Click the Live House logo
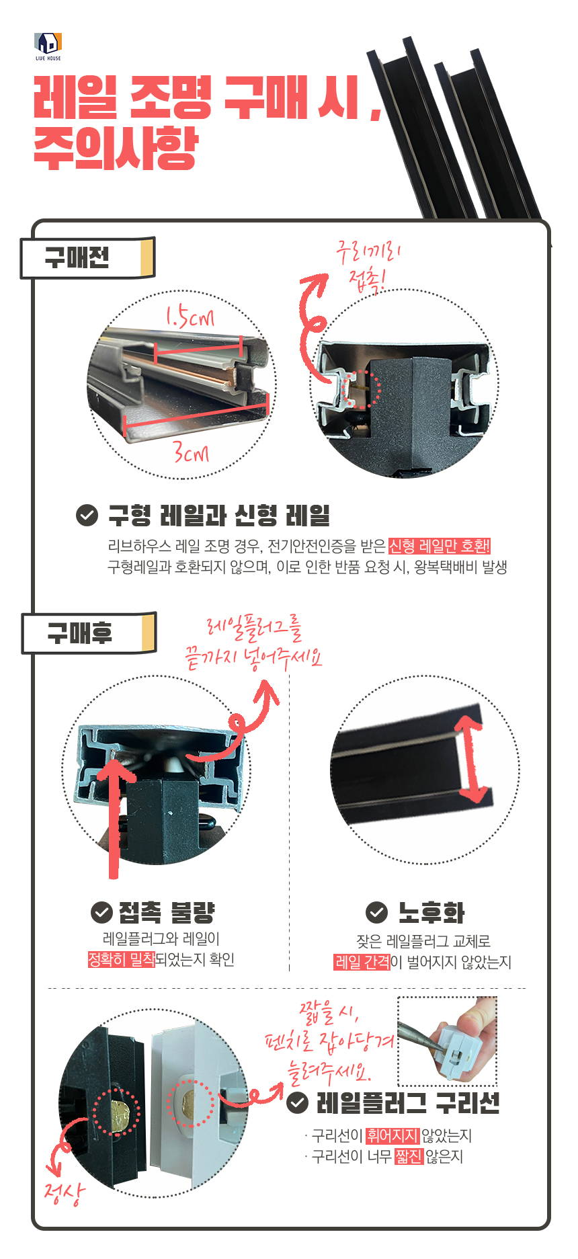tap(48, 46)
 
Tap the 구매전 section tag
tap(88, 257)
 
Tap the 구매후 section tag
tap(89, 633)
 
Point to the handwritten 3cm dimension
tap(192, 452)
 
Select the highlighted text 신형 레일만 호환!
tap(440, 546)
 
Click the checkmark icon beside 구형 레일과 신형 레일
tap(87, 516)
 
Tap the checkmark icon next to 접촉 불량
tap(101, 912)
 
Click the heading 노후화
tap(431, 912)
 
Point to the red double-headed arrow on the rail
tap(472, 758)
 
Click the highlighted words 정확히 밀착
tap(122, 959)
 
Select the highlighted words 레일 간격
tap(362, 962)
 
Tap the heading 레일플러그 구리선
tap(408, 1103)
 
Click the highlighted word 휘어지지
tap(393, 1136)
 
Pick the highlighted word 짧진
tap(409, 1156)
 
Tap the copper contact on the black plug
tap(118, 1115)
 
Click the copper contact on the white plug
tap(188, 1103)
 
